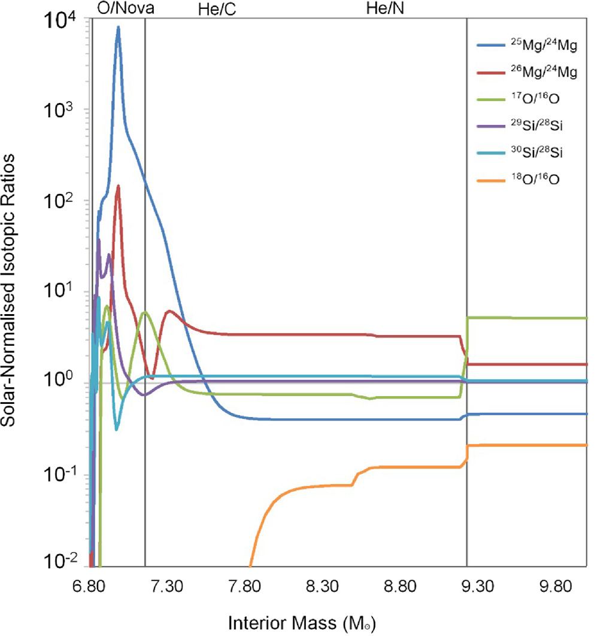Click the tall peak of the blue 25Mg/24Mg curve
[119, 27]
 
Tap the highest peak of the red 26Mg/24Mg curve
[119, 186]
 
